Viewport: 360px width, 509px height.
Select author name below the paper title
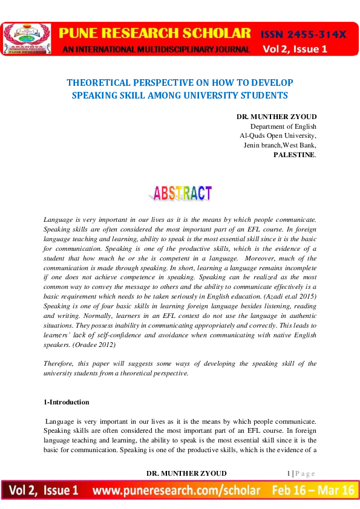[276, 116]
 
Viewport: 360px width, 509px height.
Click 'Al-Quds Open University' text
[278, 136]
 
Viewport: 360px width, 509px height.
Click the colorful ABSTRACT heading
[180, 193]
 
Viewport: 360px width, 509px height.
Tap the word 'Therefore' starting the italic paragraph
[59, 363]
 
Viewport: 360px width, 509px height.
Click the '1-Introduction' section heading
[67, 402]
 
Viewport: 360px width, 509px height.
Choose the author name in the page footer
[187, 473]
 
